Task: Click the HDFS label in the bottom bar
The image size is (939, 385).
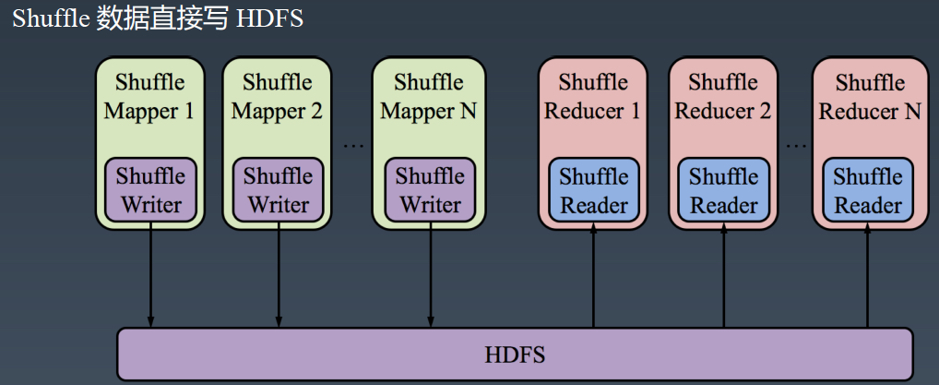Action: tap(515, 355)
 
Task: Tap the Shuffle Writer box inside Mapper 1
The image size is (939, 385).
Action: tap(151, 189)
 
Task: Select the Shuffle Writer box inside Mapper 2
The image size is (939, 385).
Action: tap(279, 189)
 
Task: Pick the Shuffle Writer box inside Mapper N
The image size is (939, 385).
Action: tap(430, 189)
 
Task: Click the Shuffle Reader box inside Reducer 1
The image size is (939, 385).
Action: tap(593, 189)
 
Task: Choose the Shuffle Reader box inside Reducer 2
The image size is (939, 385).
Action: tap(723, 189)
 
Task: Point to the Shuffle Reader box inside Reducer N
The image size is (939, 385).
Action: tap(868, 189)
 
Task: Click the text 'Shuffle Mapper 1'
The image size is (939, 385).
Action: tap(149, 97)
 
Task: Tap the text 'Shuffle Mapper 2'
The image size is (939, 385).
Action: tap(278, 97)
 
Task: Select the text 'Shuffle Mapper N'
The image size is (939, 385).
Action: tap(429, 97)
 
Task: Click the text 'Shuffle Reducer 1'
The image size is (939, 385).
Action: tap(593, 97)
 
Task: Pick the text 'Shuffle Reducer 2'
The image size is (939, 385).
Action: tap(723, 97)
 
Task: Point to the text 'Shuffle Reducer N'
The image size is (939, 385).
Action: tap(870, 97)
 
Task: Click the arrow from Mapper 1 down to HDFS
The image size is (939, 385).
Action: tap(151, 274)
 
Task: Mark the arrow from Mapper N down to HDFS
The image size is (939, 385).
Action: tap(430, 274)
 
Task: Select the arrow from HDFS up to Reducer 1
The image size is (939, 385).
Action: tap(593, 274)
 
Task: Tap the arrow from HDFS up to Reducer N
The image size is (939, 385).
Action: tap(868, 274)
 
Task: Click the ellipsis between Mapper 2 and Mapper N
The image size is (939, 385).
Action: tap(354, 145)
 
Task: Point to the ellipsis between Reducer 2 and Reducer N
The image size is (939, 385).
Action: tap(796, 145)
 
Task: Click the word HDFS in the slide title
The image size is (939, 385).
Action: tap(269, 18)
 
